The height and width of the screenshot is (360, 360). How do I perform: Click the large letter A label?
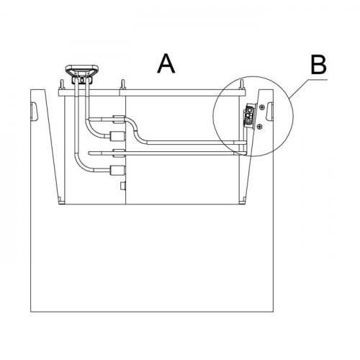pos(166,63)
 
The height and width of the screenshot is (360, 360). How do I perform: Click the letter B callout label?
pos(318,65)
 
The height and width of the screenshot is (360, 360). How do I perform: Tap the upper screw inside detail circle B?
pos(262,107)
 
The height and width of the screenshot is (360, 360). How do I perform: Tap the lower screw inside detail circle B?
pos(259,127)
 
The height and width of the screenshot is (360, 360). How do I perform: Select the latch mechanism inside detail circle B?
pos(250,116)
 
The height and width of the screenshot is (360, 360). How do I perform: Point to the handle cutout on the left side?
pos(34,112)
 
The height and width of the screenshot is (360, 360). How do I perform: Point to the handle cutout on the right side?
pos(270,111)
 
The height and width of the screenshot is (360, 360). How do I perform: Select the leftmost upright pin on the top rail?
pos(62,85)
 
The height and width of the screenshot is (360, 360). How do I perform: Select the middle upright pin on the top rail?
pos(123,85)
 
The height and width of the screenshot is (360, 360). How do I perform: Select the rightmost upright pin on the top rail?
pos(242,85)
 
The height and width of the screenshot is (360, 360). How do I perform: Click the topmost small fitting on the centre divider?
pos(119,120)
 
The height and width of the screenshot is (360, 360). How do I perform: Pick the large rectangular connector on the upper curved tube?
pos(117,136)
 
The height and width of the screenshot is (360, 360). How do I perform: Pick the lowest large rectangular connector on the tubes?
pos(117,170)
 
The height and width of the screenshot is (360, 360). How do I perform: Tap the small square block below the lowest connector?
pos(123,186)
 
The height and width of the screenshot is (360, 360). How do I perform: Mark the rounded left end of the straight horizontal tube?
pos(90,153)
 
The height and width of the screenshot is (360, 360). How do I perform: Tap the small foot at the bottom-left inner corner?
pos(61,200)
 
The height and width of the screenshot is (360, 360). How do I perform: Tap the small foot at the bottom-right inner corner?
pos(243,200)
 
